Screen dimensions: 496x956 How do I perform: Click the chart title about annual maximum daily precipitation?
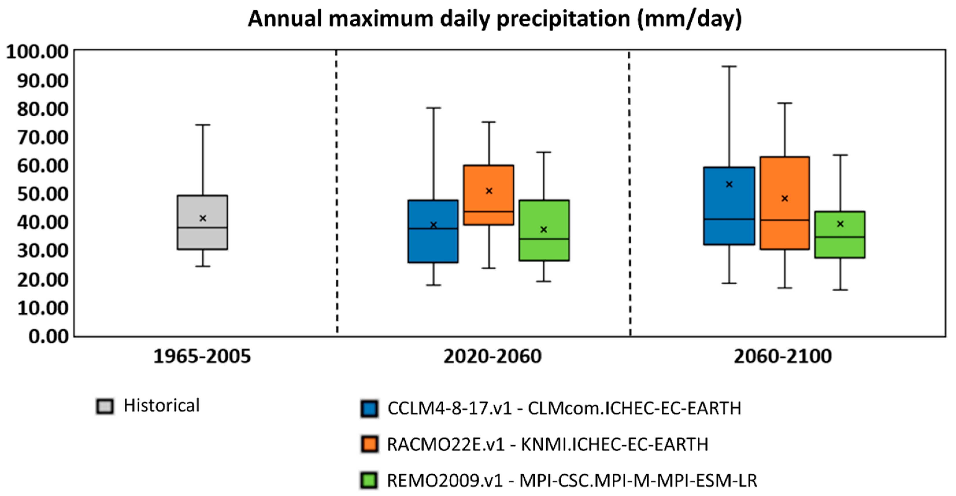(495, 19)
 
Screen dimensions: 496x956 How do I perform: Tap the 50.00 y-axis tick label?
(42, 194)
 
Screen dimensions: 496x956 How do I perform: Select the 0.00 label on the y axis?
(49, 336)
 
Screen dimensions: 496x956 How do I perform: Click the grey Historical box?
(203, 238)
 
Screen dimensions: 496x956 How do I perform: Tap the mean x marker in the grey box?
(203, 218)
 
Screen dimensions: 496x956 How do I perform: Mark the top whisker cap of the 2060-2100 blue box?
(729, 67)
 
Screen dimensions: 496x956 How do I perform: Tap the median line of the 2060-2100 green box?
(840, 237)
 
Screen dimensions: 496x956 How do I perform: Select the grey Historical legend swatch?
(105, 406)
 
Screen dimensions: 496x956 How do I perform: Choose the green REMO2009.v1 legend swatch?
(369, 480)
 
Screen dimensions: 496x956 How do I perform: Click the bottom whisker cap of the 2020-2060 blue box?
(433, 285)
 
